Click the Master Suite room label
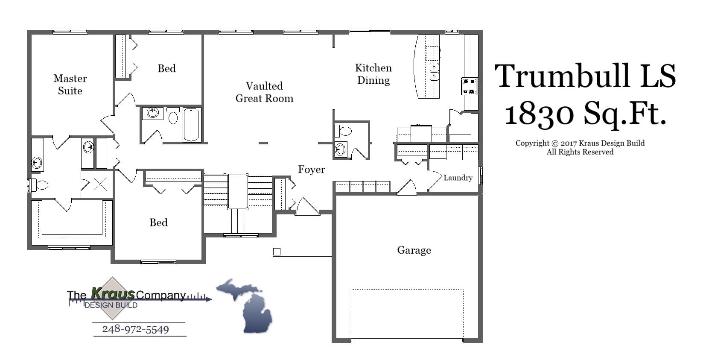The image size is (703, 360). [x=70, y=85]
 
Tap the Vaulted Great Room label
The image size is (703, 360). [x=264, y=92]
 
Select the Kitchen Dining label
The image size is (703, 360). [x=373, y=74]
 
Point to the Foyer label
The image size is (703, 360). [x=311, y=170]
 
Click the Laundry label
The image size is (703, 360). [x=458, y=178]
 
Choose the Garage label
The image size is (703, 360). [x=414, y=250]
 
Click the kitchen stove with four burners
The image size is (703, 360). [x=469, y=86]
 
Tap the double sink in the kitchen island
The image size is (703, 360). [x=434, y=71]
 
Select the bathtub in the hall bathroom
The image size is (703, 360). [x=191, y=124]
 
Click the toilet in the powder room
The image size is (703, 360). [x=344, y=130]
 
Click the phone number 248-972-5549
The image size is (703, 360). [x=135, y=329]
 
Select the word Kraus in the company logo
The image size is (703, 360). [x=113, y=294]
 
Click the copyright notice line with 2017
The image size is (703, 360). [x=580, y=143]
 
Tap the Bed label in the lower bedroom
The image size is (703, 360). [x=158, y=222]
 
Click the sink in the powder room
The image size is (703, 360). [x=340, y=149]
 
